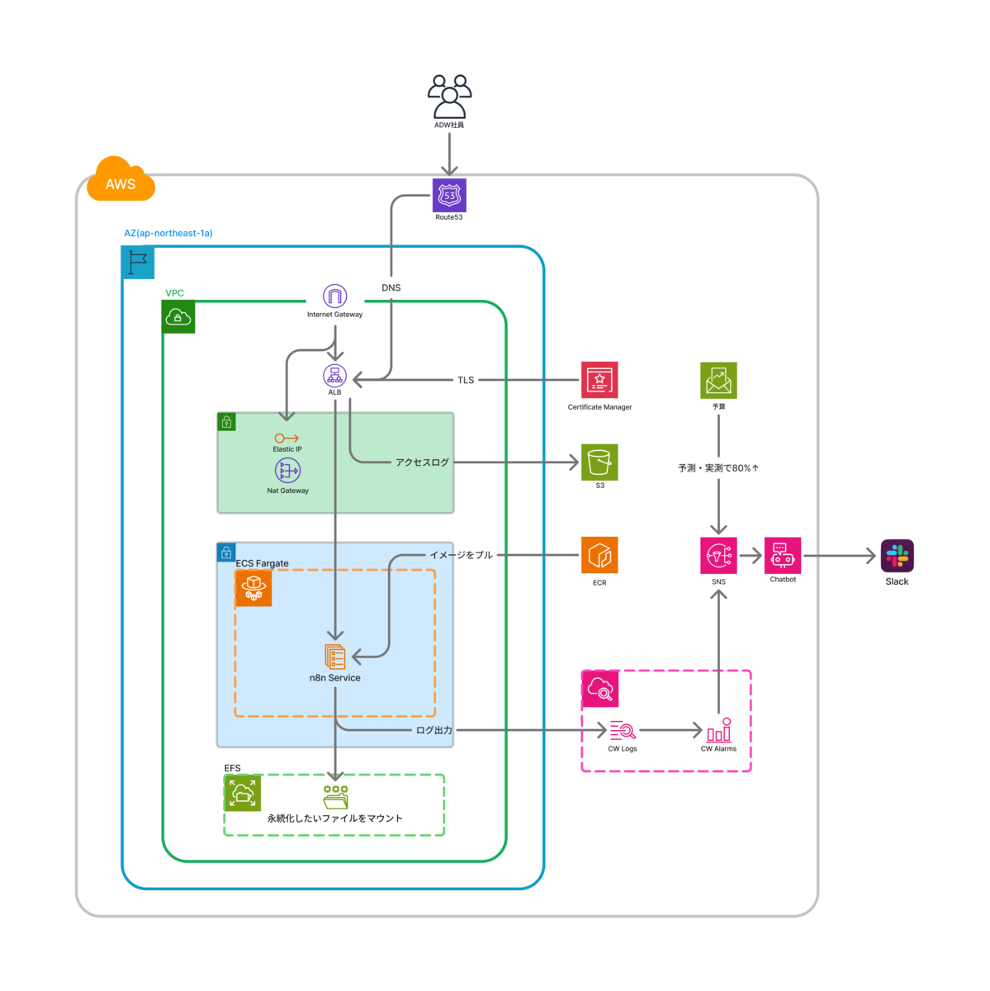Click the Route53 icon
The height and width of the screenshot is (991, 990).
coord(449,196)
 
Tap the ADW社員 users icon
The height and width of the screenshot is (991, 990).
coord(449,97)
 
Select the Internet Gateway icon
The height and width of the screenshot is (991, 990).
coord(334,296)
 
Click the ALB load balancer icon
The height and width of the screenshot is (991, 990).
coord(334,376)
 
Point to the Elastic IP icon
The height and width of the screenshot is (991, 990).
coord(287,439)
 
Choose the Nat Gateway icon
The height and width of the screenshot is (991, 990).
coord(287,471)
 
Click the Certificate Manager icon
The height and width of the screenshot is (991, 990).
coord(599,380)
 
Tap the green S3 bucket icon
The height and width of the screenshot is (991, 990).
coord(599,462)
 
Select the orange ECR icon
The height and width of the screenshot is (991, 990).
coord(599,556)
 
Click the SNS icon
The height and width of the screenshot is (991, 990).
coord(718,556)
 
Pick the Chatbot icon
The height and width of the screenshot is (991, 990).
coord(783,556)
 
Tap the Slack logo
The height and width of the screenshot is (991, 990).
coord(897,556)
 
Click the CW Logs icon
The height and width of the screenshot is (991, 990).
coord(623,731)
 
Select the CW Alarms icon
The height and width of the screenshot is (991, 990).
coord(718,730)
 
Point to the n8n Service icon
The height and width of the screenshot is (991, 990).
coord(335,657)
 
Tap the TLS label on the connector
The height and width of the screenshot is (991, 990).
coord(466,380)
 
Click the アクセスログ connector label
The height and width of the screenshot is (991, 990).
coord(422,462)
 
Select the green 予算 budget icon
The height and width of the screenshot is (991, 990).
coord(718,380)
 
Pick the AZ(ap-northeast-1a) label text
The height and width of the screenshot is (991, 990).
coord(168,234)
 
